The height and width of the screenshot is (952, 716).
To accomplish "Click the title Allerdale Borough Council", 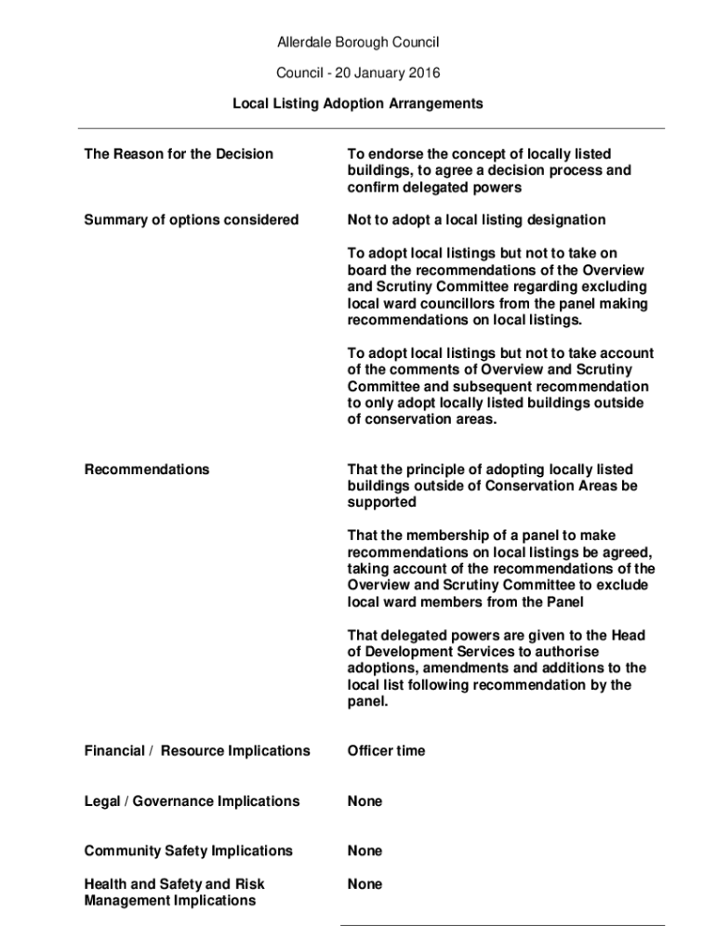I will coord(358,42).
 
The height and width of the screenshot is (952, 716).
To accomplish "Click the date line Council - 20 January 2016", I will coord(358,73).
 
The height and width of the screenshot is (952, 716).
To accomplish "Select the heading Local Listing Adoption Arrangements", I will coord(358,103).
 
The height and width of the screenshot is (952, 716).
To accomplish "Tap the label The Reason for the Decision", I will coord(179,153).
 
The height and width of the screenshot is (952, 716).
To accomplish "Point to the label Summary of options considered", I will coord(192,219).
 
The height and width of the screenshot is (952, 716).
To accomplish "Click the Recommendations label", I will coord(147,469).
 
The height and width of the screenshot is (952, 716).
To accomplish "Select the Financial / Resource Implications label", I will coord(197,750).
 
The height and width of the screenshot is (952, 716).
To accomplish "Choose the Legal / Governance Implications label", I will coord(192,800).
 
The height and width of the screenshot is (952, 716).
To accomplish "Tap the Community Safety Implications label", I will coord(188,851).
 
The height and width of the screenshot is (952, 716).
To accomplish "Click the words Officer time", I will coord(386,750).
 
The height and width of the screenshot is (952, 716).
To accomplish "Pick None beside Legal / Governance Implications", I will coord(365,800).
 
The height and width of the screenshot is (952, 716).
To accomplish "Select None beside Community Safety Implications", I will coord(365,851).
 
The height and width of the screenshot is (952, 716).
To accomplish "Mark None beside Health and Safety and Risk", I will coord(365,884).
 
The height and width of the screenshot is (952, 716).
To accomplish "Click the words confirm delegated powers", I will coord(434,187).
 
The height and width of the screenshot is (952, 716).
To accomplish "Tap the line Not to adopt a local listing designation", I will coord(476,219).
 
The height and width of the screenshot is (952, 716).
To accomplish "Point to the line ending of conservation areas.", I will coord(422,419).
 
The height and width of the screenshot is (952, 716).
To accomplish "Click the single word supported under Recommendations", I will coord(381,502).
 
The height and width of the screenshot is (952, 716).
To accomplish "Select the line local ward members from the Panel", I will coord(466,602).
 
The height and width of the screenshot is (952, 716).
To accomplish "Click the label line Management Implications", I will coord(170,900).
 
